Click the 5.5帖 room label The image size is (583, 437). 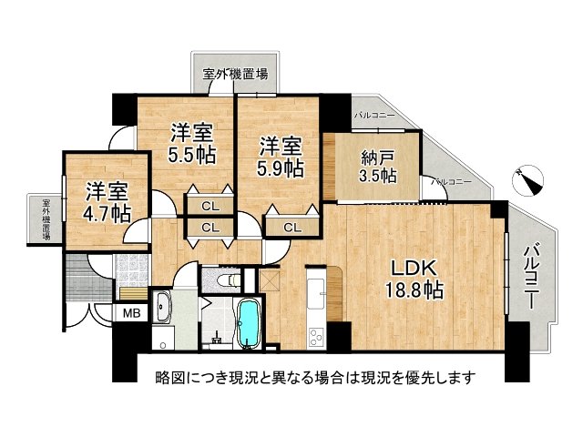pos(191,143)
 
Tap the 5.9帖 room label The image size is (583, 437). pos(280,157)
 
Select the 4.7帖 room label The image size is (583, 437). pos(108,201)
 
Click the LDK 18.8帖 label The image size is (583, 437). pos(415,279)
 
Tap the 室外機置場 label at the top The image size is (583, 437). pos(235,74)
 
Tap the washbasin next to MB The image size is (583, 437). pos(164,308)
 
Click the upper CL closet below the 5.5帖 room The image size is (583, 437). pos(210,205)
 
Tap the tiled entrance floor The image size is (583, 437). pos(132,269)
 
